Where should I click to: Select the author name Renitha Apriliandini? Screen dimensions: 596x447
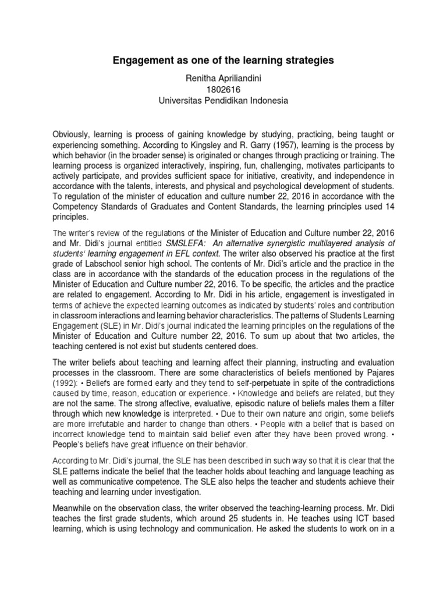[223, 78]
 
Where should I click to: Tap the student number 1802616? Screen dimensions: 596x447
[223, 89]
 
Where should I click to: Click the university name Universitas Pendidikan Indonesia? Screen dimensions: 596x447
[223, 100]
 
